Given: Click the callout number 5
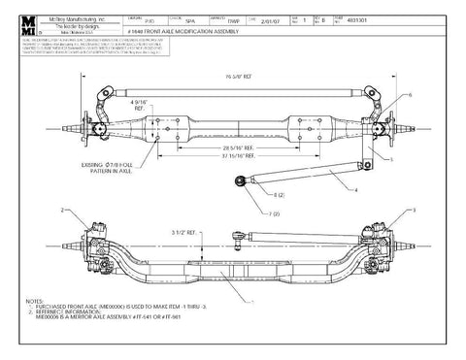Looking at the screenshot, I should [x=390, y=158].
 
